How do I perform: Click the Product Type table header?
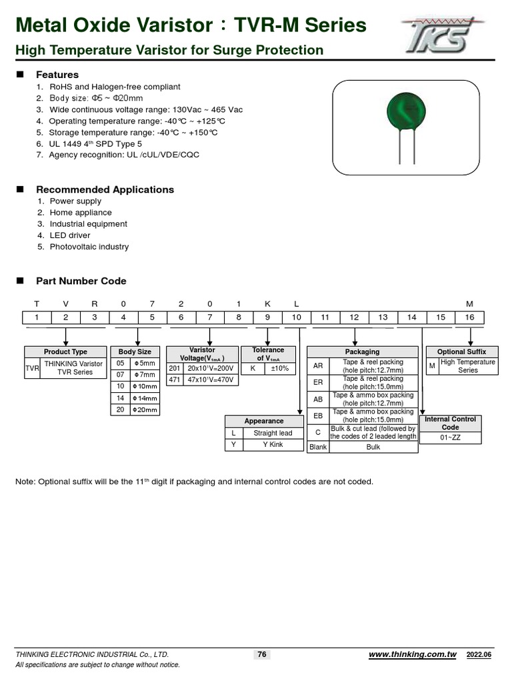click(65, 352)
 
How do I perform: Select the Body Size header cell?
click(135, 352)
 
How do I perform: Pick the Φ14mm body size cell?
click(146, 398)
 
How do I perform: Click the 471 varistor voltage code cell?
click(175, 379)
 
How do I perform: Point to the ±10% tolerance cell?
click(279, 368)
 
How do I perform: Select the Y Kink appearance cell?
click(273, 444)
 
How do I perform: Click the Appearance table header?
click(264, 421)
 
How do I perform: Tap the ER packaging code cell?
click(318, 383)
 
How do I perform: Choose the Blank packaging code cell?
click(318, 447)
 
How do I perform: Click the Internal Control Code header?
click(451, 423)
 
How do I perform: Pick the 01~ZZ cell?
click(451, 438)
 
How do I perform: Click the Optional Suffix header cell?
click(461, 352)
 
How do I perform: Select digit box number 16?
click(469, 317)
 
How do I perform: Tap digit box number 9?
click(267, 317)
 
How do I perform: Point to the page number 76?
click(262, 654)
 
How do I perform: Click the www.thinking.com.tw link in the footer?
click(412, 655)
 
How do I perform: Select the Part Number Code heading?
click(81, 281)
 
